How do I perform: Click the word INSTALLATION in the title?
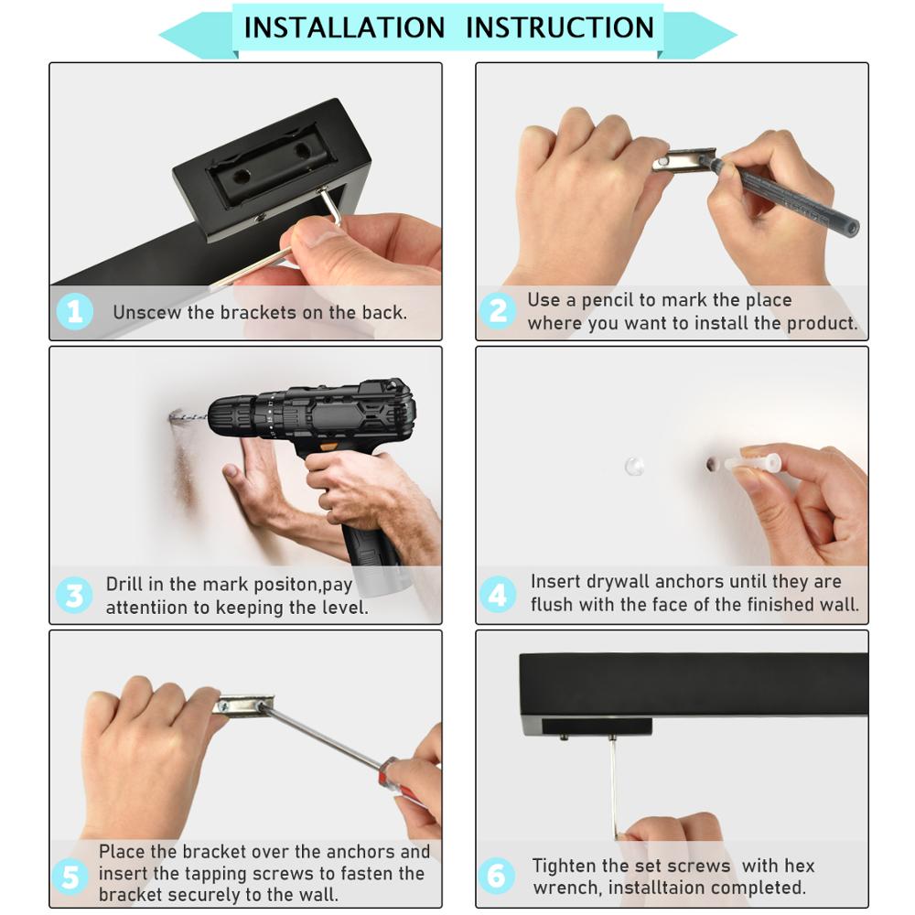coord(344,27)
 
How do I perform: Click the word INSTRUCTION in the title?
coord(560,27)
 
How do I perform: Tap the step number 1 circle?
coord(75,311)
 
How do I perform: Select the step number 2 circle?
coord(498,310)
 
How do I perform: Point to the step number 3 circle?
coord(74,596)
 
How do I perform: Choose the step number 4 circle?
coord(497,594)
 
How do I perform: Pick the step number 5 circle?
coord(70,877)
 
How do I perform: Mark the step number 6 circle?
coord(496,876)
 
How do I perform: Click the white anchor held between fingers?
coord(753,463)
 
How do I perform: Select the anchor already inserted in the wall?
coord(634,466)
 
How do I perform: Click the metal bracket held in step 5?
coord(244,705)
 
